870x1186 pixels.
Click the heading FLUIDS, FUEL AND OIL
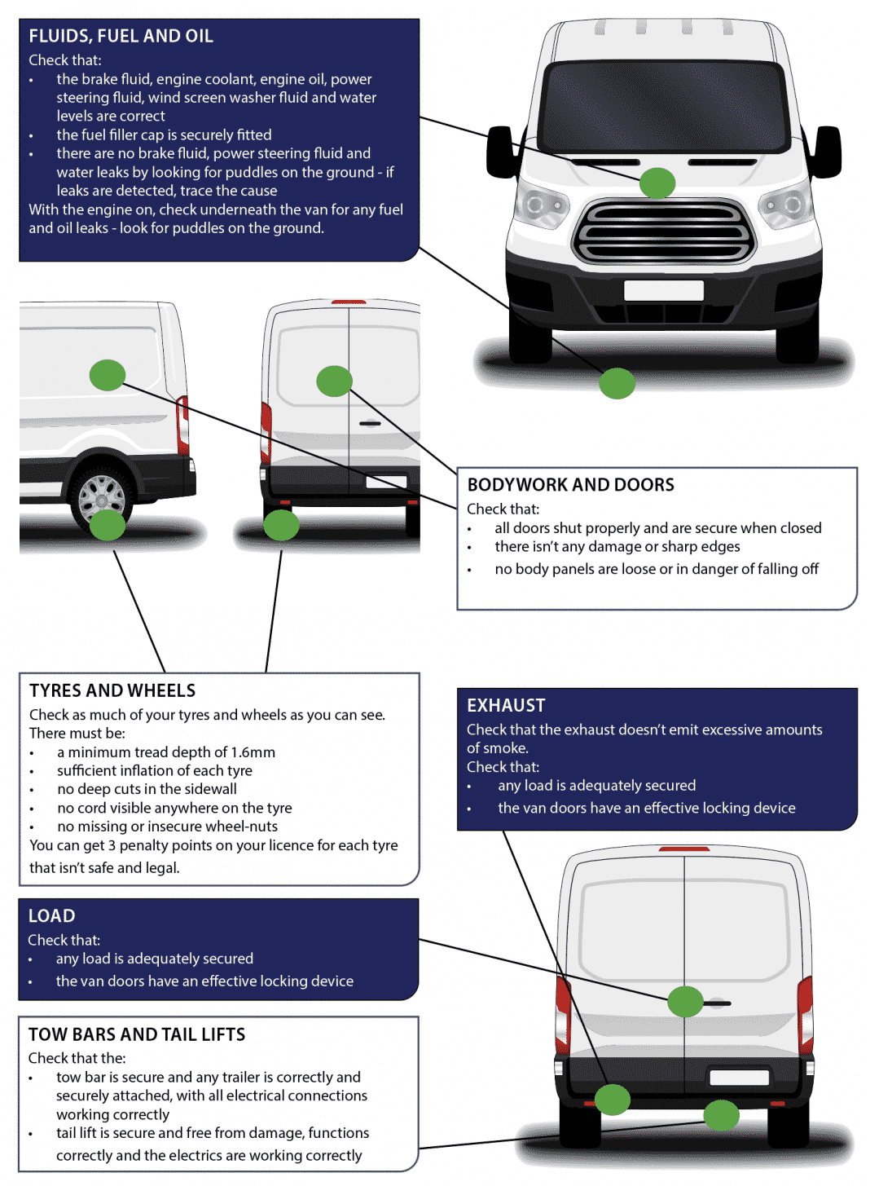[x=121, y=36]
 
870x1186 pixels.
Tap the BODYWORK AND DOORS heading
[x=570, y=485]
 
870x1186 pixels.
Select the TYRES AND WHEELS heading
[x=112, y=690]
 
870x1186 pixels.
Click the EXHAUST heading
[x=506, y=706]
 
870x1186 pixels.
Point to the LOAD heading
[x=51, y=916]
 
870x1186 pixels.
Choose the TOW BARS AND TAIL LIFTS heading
[x=137, y=1034]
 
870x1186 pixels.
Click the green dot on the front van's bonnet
[x=657, y=183]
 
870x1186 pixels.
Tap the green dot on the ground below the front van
[x=617, y=384]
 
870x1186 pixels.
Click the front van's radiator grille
[x=663, y=232]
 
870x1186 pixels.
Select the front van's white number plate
[x=663, y=290]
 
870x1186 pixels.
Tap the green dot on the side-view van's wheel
[x=107, y=525]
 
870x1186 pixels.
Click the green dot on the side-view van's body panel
[x=107, y=375]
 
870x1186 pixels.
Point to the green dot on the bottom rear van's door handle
[x=685, y=1002]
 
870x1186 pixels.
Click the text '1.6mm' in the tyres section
[x=253, y=752]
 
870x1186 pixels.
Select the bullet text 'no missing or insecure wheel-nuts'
[x=167, y=827]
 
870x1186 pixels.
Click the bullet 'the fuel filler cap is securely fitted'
[x=164, y=134]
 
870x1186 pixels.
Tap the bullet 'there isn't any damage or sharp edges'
[x=617, y=547]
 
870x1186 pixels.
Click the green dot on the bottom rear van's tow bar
[x=721, y=1115]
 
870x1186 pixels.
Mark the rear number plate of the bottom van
[x=739, y=1078]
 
